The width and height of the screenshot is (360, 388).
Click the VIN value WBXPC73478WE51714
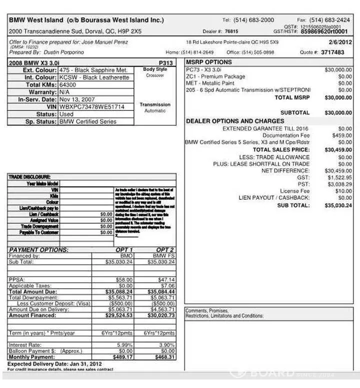[91, 107]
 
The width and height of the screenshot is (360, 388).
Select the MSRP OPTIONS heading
[209, 62]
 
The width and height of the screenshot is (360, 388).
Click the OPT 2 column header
[164, 250]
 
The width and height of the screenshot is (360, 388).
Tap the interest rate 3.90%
[166, 345]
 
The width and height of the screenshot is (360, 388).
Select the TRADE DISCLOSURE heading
[29, 177]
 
